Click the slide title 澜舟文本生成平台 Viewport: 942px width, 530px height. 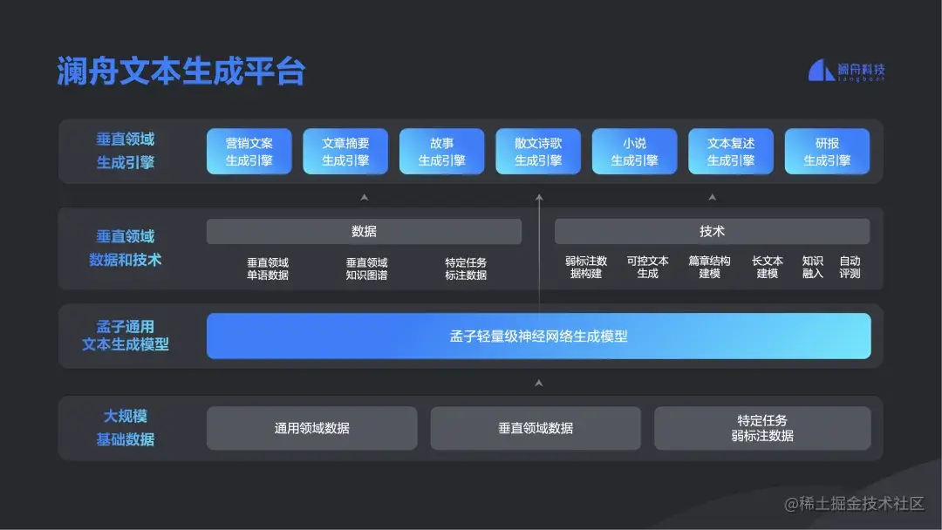click(x=181, y=71)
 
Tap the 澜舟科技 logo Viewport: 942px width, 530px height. click(x=846, y=71)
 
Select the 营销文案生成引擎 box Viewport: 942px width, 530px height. click(x=249, y=152)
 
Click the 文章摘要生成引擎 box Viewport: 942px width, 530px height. click(x=345, y=152)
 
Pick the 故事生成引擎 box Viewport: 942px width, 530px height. click(x=441, y=152)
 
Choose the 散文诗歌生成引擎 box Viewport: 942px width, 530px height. click(x=538, y=152)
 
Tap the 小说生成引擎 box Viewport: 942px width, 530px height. click(x=634, y=152)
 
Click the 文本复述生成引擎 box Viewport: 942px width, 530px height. click(x=731, y=152)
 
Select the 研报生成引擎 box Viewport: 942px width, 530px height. click(x=827, y=152)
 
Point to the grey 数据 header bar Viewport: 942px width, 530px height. click(x=364, y=231)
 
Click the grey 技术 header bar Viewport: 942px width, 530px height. click(x=712, y=231)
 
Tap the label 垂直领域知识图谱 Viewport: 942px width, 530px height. click(x=366, y=268)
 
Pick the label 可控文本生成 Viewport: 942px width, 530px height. click(x=648, y=267)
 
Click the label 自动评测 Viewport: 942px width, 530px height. click(x=850, y=267)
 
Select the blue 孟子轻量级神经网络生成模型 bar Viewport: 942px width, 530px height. click(x=538, y=336)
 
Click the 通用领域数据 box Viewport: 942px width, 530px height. click(x=312, y=428)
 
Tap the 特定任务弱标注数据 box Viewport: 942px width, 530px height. click(x=762, y=428)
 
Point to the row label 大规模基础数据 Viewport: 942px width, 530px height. click(x=126, y=428)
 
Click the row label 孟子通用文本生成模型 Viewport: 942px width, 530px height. click(x=126, y=336)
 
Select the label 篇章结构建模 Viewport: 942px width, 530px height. click(x=709, y=267)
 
